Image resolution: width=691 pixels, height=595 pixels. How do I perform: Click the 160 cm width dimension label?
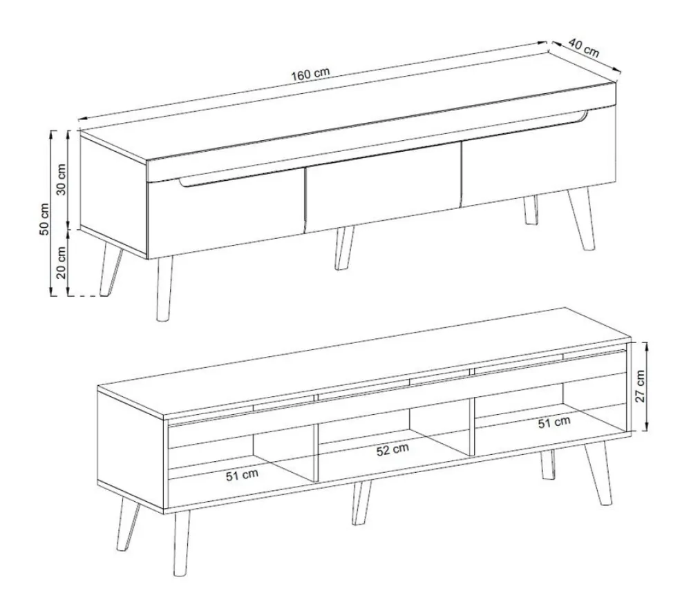tap(310, 74)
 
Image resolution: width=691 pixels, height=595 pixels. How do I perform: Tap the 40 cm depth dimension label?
tap(583, 48)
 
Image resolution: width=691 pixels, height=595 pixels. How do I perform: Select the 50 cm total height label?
tap(44, 220)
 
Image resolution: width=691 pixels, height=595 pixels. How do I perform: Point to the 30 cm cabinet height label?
tap(61, 179)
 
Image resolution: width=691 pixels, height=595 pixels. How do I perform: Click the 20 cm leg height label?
tap(61, 263)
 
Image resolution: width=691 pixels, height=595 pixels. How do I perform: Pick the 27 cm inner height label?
tap(640, 386)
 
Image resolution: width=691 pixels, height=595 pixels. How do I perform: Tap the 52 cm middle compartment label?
tap(392, 450)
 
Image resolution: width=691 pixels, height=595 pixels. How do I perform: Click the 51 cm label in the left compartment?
tap(242, 475)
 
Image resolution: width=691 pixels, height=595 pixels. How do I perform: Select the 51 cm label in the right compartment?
tap(554, 422)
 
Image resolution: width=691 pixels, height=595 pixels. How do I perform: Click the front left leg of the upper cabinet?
tap(164, 289)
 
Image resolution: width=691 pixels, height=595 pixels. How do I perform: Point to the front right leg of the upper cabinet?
tap(582, 219)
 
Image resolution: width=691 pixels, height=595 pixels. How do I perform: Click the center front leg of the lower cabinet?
tap(361, 502)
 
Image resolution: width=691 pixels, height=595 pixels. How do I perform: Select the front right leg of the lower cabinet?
tap(598, 474)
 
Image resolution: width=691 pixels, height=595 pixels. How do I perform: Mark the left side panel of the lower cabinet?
tap(131, 449)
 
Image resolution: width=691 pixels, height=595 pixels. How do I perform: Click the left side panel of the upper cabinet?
tap(113, 195)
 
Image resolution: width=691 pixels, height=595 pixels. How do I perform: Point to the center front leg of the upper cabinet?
tap(344, 248)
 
